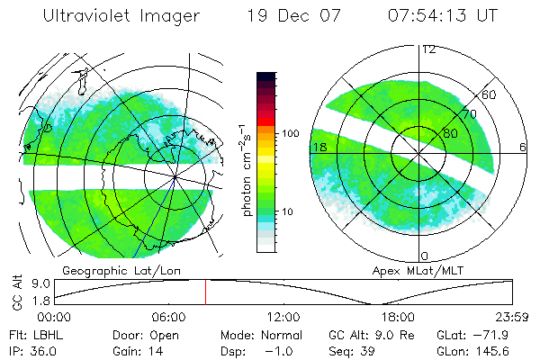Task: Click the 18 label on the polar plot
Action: tap(319, 147)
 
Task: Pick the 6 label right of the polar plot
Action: tap(523, 148)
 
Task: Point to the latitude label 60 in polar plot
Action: tap(490, 94)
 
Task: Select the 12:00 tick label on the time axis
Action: tap(284, 317)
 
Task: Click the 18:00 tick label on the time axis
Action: tap(398, 317)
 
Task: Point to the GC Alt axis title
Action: tap(16, 292)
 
